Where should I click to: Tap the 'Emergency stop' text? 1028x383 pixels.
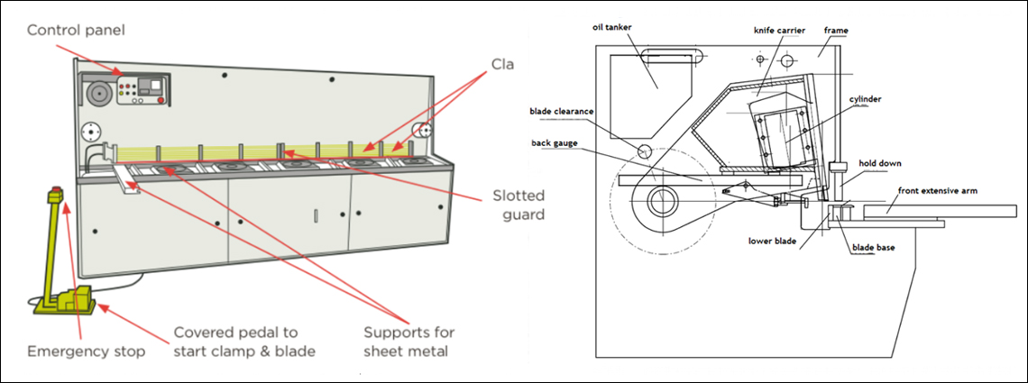coord(86,352)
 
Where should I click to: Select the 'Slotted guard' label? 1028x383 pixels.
coord(519,205)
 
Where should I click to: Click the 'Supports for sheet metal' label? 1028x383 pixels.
coord(408,342)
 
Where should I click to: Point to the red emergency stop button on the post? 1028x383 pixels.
coord(56,194)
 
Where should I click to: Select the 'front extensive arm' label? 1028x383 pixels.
coord(938,191)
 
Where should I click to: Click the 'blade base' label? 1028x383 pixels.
coord(873,248)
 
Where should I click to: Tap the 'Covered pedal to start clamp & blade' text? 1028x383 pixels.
coord(244,342)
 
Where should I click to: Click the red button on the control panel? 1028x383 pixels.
coord(161,100)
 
